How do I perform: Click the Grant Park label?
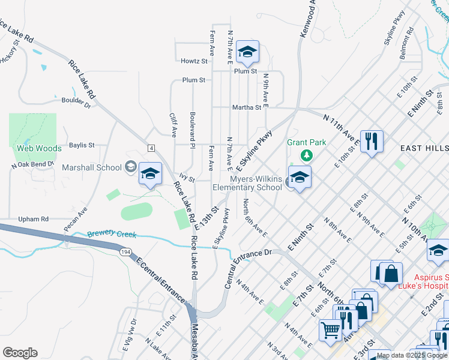pos(306,142)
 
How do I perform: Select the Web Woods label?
pos(39,148)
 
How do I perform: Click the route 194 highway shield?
pos(125,253)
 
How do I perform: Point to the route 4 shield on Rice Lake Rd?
pos(151,148)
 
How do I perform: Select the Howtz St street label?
pos(194,61)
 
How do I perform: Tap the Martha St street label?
pos(247,108)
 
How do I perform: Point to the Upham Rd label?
pos(33,220)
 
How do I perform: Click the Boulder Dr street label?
pos(76,101)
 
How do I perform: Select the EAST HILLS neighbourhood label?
pos(424,148)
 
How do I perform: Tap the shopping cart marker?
pos(331,329)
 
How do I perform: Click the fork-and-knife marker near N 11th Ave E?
pos(372,142)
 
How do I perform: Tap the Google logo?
pos(20,353)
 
